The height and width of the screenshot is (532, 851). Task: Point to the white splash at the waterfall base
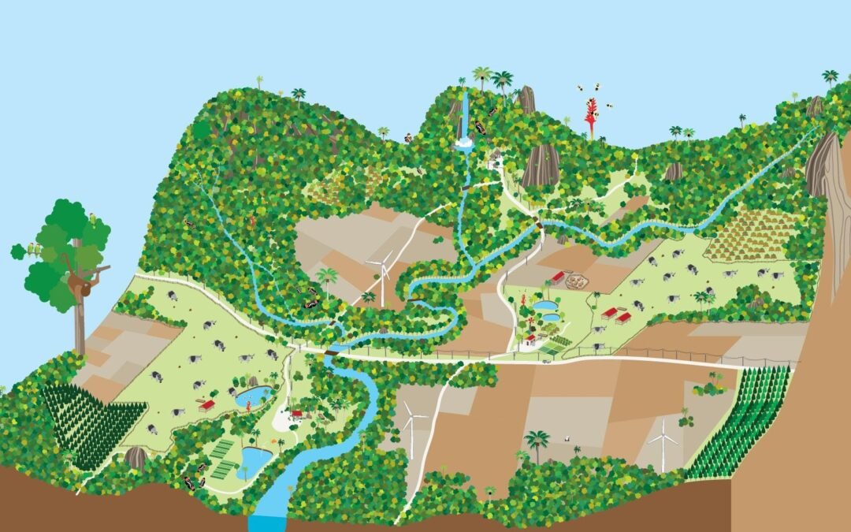pyautogui.click(x=464, y=143)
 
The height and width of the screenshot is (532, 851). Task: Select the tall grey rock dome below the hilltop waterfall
pyautogui.click(x=541, y=165)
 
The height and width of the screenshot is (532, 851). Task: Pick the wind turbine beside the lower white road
pyautogui.click(x=411, y=426)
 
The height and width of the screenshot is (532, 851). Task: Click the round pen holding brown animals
pyautogui.click(x=578, y=281)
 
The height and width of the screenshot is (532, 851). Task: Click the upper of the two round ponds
pyautogui.click(x=543, y=304)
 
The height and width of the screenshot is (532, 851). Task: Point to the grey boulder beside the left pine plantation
pyautogui.click(x=136, y=457)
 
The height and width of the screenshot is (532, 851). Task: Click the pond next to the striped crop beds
pyautogui.click(x=254, y=457)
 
